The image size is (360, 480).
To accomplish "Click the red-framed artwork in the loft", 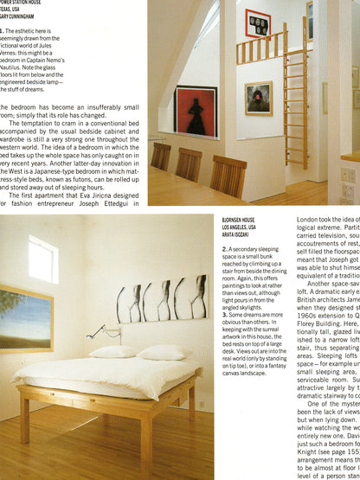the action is pyautogui.click(x=259, y=22).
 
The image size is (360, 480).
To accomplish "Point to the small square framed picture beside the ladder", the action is pyautogui.click(x=260, y=98).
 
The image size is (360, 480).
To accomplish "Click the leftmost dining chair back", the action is pyautogui.click(x=161, y=156).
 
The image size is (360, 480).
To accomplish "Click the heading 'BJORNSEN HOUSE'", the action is pyautogui.click(x=243, y=221).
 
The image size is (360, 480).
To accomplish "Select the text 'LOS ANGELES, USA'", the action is pyautogui.click(x=246, y=229).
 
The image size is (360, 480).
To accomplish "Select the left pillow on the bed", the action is pyautogui.click(x=113, y=352).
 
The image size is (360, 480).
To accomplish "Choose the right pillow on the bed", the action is pyautogui.click(x=163, y=354).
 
